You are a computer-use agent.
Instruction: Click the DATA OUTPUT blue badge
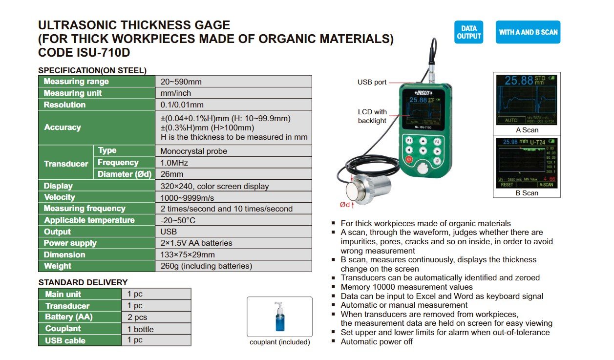coord(468,32)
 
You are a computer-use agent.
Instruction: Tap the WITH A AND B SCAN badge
coord(528,32)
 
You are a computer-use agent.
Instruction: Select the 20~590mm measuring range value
coord(181,82)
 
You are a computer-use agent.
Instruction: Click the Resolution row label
coord(65,105)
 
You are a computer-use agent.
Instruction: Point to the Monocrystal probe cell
coord(194,151)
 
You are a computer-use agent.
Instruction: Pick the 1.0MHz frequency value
coord(174,163)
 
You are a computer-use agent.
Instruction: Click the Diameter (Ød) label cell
coord(125,174)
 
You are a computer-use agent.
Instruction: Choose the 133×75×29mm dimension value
coord(188,254)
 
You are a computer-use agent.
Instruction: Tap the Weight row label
coord(58,266)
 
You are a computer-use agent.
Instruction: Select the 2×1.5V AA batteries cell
coord(196,243)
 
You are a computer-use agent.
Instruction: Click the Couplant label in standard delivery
coord(63,329)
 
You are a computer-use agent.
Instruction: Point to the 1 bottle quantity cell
coord(140,329)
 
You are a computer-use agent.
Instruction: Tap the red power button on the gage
coord(409,160)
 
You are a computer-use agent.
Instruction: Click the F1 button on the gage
coord(409,141)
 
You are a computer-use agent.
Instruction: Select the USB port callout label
coord(372,83)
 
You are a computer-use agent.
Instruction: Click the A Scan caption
coord(527,130)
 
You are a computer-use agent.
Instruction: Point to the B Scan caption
coord(527,193)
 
